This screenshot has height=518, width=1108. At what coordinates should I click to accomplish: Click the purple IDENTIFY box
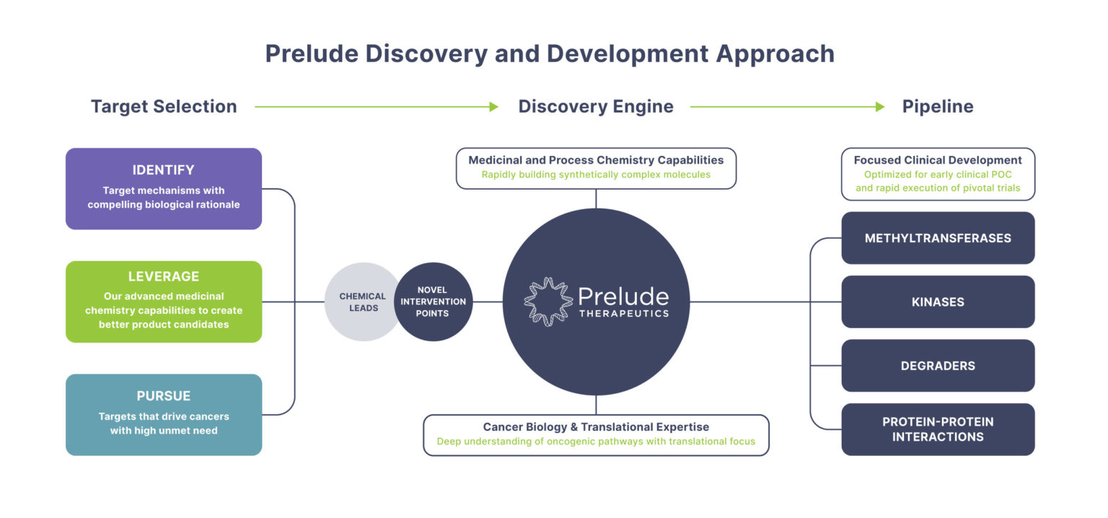click(x=164, y=188)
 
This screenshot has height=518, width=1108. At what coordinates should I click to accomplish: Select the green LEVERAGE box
click(x=164, y=302)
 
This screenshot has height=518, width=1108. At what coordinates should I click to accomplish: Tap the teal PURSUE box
click(x=164, y=414)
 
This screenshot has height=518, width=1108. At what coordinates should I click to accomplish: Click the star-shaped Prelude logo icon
click(x=548, y=302)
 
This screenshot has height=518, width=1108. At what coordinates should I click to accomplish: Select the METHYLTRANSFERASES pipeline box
click(x=938, y=238)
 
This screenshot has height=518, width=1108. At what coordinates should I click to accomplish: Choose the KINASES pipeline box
click(x=938, y=302)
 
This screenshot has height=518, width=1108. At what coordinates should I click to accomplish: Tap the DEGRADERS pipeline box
click(x=938, y=366)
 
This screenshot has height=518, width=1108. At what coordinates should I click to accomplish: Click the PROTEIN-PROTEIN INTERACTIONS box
click(x=938, y=429)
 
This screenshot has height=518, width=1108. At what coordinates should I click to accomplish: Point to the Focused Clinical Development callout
click(x=938, y=174)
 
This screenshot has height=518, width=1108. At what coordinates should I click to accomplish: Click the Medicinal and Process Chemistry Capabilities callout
click(x=596, y=168)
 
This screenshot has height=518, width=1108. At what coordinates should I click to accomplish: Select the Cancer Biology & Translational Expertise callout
click(x=596, y=434)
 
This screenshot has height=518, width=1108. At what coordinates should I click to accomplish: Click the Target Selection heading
click(x=164, y=107)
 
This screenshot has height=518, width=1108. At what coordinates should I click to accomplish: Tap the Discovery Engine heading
click(x=596, y=107)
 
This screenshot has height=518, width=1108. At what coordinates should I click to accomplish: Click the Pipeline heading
click(x=938, y=107)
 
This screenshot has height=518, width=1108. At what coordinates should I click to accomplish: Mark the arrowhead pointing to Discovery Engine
click(x=493, y=107)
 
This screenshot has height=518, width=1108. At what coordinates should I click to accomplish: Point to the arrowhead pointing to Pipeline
click(x=879, y=107)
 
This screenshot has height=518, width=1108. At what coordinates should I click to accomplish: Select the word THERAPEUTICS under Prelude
click(x=623, y=314)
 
